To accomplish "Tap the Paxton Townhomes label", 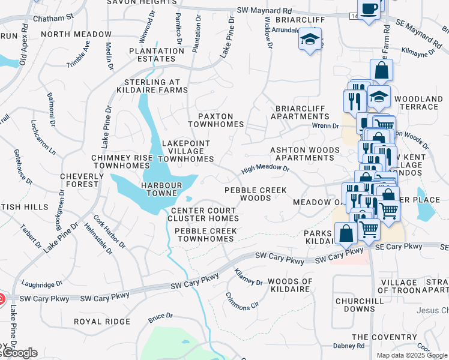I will pos(216,120).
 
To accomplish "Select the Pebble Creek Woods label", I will pos(255,194).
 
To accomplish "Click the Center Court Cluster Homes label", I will pos(205,215).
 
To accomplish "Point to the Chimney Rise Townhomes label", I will pos(122,161).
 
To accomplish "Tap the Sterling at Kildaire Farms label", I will pos(155,86).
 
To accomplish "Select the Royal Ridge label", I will pos(101,322).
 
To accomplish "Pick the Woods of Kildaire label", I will pos(290,286).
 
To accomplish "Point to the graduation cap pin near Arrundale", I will pos(310,40).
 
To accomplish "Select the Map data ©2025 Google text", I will pos(412,355).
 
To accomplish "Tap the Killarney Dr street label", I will pos(249,277).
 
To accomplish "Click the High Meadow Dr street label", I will pos(265,170).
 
